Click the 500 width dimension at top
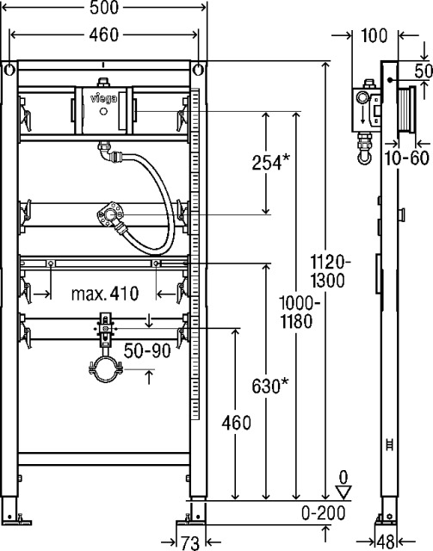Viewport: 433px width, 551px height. [x=104, y=8]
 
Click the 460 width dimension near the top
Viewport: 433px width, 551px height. [x=104, y=34]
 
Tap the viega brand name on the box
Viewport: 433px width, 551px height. [x=103, y=99]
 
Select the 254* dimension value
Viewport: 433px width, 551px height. [x=270, y=163]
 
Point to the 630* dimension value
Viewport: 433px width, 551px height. [x=270, y=387]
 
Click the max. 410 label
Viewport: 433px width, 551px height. [x=105, y=294]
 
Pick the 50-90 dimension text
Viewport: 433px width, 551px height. [x=147, y=350]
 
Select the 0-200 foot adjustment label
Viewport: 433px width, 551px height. [x=324, y=513]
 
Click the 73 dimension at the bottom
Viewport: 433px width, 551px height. [x=190, y=543]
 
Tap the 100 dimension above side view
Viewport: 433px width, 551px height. [x=374, y=35]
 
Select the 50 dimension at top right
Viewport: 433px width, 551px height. [x=424, y=71]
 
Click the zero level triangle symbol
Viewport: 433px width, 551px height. [x=343, y=492]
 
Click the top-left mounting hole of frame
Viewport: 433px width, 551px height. [x=9, y=70]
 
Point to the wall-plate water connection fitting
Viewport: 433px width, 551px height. [x=111, y=214]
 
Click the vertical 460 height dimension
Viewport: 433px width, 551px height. [x=236, y=423]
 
